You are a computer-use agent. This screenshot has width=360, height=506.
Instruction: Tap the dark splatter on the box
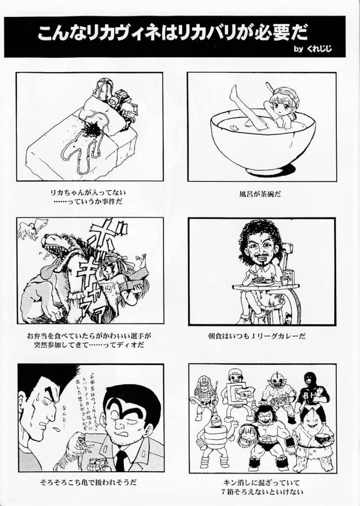click(x=92, y=129)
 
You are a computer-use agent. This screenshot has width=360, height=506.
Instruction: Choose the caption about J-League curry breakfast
click(x=257, y=336)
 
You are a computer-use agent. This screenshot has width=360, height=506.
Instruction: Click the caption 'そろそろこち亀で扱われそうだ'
click(x=89, y=480)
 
